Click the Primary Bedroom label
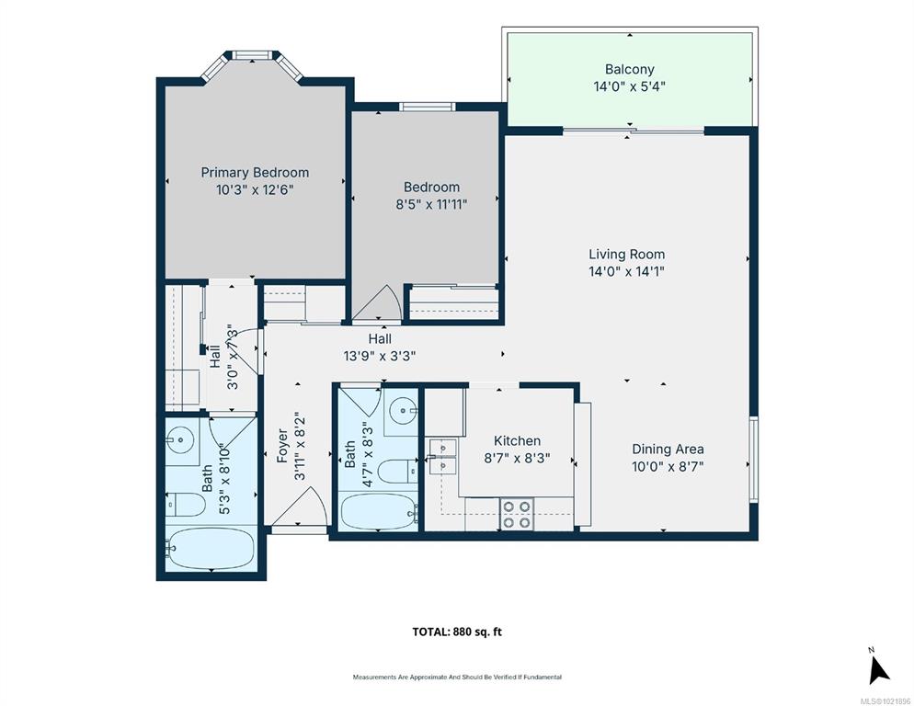click(255, 173)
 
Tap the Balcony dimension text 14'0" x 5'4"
click(630, 86)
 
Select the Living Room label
click(626, 255)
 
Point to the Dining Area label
click(668, 450)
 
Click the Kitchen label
click(517, 440)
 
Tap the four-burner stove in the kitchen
click(517, 514)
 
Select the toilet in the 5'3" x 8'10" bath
click(186, 505)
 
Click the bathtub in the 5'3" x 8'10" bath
click(211, 549)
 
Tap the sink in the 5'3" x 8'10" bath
click(181, 439)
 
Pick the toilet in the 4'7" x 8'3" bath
click(397, 471)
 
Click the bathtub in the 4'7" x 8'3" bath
click(379, 511)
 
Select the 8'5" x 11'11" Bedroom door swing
click(377, 303)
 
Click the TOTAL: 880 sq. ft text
click(457, 632)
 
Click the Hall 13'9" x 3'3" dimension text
click(380, 356)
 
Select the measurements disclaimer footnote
click(457, 677)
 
